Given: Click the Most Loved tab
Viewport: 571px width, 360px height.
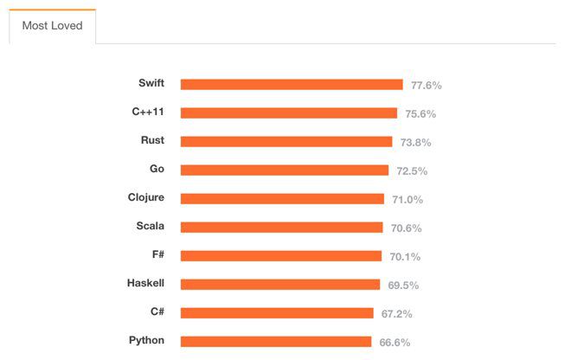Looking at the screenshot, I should (x=52, y=26).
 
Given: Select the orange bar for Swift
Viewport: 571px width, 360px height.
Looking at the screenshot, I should (x=292, y=85).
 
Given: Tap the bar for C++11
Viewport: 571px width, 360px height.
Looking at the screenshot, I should (x=289, y=113).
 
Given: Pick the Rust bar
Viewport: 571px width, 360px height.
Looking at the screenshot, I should (x=286, y=142).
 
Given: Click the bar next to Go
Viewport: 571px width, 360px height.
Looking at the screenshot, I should (x=285, y=170).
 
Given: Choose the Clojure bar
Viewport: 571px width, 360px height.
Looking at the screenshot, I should (x=282, y=199).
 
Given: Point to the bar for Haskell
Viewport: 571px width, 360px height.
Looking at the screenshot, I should (x=280, y=284).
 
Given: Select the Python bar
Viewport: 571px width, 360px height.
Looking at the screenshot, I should (x=276, y=341).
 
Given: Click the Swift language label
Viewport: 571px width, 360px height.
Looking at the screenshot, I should (x=151, y=83).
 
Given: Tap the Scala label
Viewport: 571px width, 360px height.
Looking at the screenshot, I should (x=150, y=226).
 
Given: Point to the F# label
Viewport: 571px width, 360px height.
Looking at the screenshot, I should (x=157, y=254).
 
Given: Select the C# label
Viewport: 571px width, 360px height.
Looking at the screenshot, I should (x=157, y=312).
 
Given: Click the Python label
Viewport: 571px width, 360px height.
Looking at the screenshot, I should (x=147, y=340).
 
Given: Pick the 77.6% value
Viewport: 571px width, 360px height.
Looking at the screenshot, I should (x=427, y=86).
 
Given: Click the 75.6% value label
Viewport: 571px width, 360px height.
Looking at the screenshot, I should (x=420, y=114).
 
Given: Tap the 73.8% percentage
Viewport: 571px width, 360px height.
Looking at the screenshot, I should (x=415, y=143).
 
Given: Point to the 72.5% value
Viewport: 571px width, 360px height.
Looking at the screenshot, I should (x=412, y=171).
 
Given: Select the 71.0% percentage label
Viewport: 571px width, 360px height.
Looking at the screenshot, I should (x=407, y=199).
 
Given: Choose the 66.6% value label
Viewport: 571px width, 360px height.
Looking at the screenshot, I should (x=395, y=342).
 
